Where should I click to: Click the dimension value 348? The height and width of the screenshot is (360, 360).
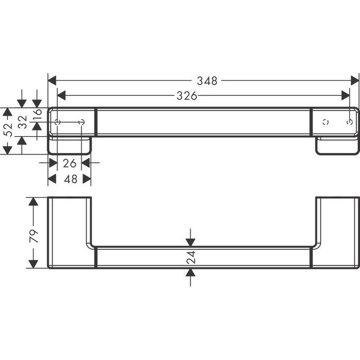point(207,81)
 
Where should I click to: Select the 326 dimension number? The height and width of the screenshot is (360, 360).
point(186,96)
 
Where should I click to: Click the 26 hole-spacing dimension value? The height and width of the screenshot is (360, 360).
point(69,163)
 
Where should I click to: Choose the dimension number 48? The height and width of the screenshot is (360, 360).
point(70,179)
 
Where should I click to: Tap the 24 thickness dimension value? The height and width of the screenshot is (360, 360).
point(191,257)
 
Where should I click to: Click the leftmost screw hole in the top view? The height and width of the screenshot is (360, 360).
point(58,123)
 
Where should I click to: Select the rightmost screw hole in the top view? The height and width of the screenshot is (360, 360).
point(349,123)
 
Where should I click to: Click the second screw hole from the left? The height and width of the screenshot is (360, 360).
point(82,123)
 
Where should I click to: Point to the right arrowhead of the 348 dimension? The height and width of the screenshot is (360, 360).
point(355,81)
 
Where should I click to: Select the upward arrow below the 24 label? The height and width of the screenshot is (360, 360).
point(191,273)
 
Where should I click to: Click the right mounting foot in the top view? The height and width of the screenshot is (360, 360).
point(337,146)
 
